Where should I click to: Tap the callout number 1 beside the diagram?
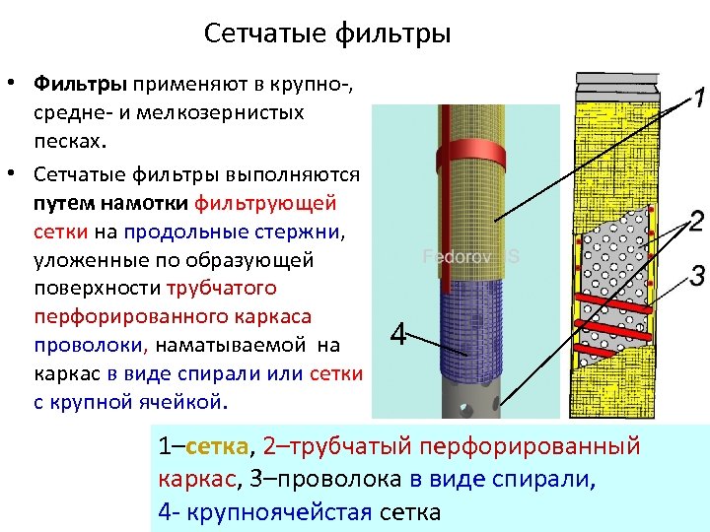pyautogui.click(x=695, y=99)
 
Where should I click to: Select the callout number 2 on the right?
pyautogui.click(x=696, y=221)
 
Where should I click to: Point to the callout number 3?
pyautogui.click(x=696, y=273)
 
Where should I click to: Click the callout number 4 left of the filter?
pyautogui.click(x=398, y=336)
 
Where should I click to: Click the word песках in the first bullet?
pyautogui.click(x=67, y=141)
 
